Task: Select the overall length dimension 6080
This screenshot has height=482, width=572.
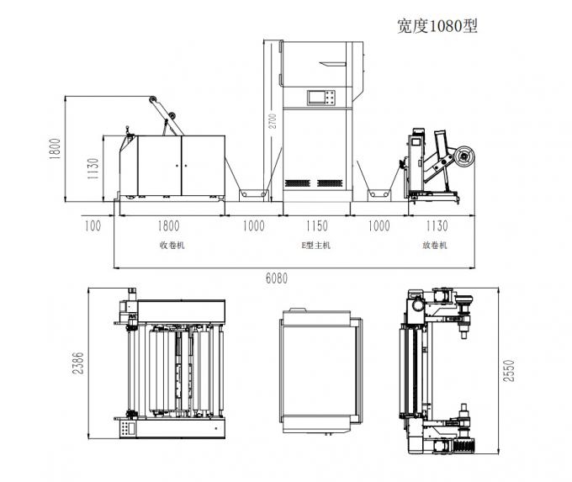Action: (x=275, y=278)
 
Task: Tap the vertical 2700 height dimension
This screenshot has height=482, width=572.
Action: (x=273, y=122)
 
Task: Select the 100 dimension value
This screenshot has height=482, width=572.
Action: (x=93, y=225)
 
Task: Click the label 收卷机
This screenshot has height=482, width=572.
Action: (x=172, y=246)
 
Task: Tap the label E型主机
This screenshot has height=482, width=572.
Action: (x=316, y=246)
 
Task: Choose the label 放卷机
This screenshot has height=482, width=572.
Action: (x=434, y=246)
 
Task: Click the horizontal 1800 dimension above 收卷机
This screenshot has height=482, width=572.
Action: (x=172, y=225)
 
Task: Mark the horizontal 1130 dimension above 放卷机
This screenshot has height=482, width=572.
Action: (x=435, y=225)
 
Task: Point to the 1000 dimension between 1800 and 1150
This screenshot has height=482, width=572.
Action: (x=252, y=225)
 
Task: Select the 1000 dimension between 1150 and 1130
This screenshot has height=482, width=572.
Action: (x=379, y=225)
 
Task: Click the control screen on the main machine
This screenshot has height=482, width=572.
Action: (x=320, y=97)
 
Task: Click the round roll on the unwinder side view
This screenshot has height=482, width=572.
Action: (x=463, y=156)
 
